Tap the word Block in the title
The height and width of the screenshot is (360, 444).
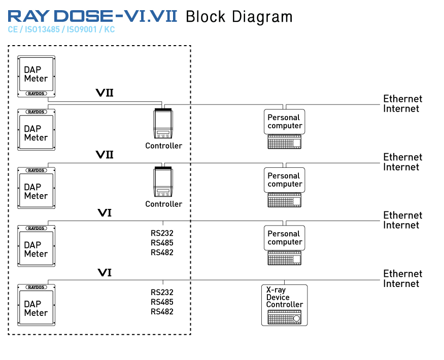(x=206, y=16)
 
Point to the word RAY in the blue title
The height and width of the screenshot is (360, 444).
(x=28, y=16)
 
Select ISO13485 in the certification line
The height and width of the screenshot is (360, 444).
(x=42, y=29)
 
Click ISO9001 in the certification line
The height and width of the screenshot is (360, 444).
(x=82, y=29)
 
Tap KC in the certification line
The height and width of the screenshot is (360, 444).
(x=109, y=29)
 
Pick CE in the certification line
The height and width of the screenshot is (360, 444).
(x=13, y=29)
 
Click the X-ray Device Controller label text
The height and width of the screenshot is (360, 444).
(x=284, y=297)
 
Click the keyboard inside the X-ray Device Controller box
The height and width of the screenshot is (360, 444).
(x=284, y=317)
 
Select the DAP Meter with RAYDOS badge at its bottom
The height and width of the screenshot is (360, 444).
(x=36, y=77)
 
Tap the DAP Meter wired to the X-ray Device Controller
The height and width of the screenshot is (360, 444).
(x=36, y=305)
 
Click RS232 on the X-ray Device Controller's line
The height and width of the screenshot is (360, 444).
(x=162, y=292)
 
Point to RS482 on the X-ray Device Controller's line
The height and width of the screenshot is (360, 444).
(x=162, y=311)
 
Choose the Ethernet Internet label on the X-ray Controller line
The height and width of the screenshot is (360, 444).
(x=402, y=278)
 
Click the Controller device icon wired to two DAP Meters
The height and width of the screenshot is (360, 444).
(x=163, y=123)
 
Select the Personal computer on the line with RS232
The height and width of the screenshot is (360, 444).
(x=284, y=245)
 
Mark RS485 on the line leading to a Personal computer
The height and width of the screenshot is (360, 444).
(x=162, y=242)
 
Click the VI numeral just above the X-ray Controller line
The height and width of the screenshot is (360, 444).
(x=105, y=273)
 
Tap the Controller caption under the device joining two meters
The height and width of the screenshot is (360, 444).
(x=164, y=146)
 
